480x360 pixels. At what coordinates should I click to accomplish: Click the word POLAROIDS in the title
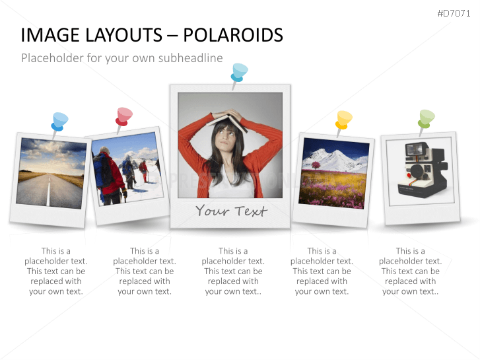point(233,35)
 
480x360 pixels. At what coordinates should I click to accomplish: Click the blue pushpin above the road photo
point(59,122)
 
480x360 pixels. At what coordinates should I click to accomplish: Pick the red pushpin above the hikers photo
point(123,116)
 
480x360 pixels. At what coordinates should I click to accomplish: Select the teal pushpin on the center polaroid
point(239,71)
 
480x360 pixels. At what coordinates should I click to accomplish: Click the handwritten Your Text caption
point(231,211)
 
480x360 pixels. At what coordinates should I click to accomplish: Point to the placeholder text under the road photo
point(56,271)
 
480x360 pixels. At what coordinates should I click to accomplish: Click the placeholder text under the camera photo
point(410,271)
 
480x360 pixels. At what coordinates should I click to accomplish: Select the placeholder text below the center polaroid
point(233,271)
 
